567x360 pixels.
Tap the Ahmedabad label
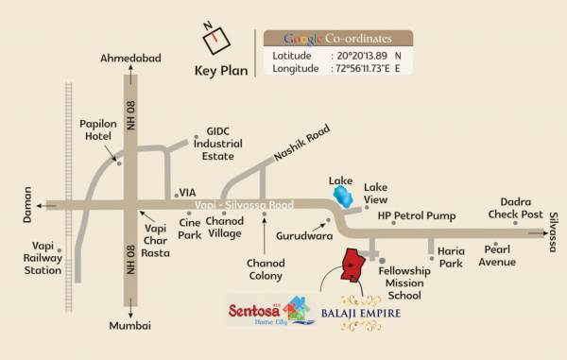(x=131, y=59)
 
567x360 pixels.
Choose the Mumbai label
(x=130, y=326)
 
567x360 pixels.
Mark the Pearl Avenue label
(x=497, y=255)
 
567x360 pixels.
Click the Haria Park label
(x=451, y=258)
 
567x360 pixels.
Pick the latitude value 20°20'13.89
(x=358, y=56)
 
